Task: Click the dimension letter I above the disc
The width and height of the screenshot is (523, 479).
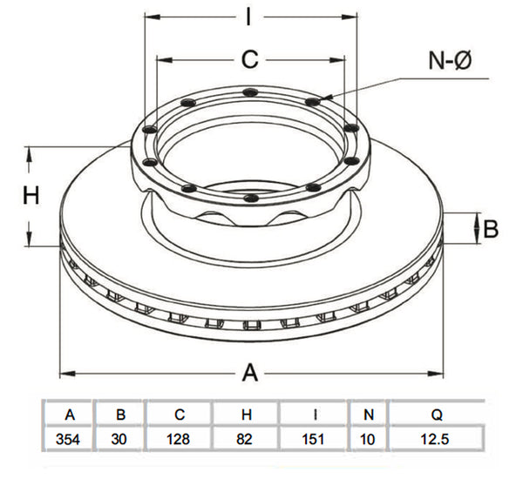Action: click(248, 17)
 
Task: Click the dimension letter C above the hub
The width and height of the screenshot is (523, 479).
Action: click(250, 60)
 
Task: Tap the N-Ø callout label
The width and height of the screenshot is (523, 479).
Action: click(451, 61)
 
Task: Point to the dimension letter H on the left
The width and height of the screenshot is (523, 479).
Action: click(31, 195)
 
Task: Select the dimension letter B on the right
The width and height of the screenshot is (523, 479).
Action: click(491, 229)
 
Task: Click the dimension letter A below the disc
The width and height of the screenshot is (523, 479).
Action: click(250, 373)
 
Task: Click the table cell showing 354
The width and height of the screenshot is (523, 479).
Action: click(68, 439)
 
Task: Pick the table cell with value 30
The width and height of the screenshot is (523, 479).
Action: click(119, 439)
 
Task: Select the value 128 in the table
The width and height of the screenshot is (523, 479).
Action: click(178, 439)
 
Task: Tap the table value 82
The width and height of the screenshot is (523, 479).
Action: click(244, 439)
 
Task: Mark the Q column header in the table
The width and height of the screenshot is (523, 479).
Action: click(437, 415)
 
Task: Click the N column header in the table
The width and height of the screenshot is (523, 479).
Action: click(368, 415)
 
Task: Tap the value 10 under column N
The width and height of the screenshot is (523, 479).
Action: click(367, 439)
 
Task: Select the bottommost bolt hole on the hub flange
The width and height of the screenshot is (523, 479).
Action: click(252, 199)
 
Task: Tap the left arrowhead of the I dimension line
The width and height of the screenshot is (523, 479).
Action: click(153, 17)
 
